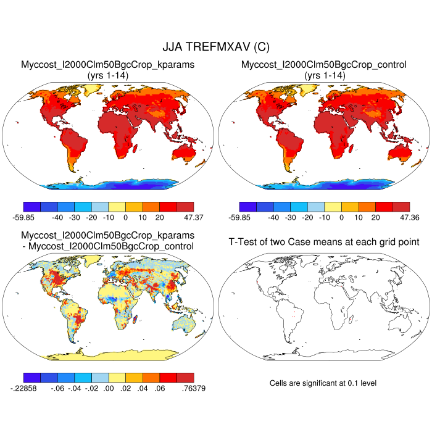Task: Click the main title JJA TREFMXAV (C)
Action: (x=215, y=47)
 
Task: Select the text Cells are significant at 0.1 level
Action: (x=323, y=383)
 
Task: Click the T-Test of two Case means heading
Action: (x=323, y=241)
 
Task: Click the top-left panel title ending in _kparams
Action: (x=108, y=64)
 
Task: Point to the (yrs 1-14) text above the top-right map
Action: (x=323, y=75)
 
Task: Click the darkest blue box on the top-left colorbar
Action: (x=31, y=207)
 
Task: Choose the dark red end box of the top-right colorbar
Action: (x=401, y=207)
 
